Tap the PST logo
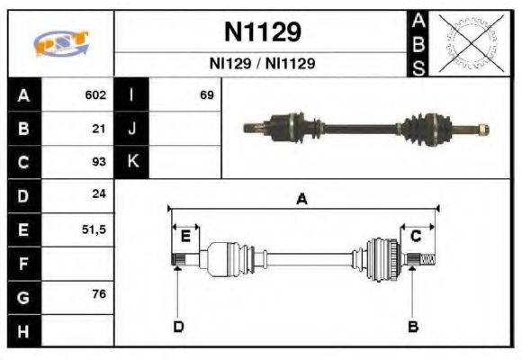(x=61, y=43)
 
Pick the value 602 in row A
(x=95, y=94)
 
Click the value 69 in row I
(x=206, y=94)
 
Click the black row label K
(x=132, y=162)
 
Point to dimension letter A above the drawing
(x=302, y=200)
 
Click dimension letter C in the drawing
(x=416, y=236)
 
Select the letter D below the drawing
(x=177, y=326)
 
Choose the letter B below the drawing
(x=413, y=326)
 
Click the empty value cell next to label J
(x=184, y=129)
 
